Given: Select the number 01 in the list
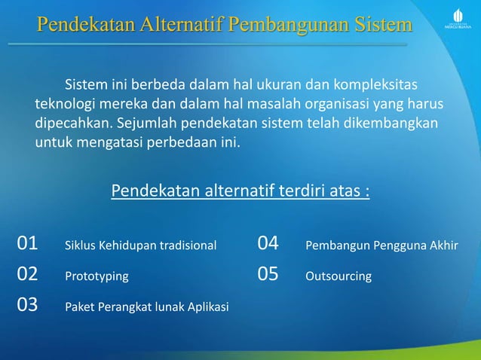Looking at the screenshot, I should point(27,244).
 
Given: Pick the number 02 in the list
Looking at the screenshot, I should point(27,275).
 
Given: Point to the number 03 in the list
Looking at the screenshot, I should point(27,306).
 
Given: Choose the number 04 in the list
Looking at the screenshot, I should point(268,244).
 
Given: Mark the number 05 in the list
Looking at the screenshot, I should point(268,275).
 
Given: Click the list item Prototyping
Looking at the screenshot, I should point(97,276).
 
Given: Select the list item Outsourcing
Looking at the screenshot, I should point(338,276).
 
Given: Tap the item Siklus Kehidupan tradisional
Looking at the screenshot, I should point(141,246).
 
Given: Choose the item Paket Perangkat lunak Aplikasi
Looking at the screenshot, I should point(147,307).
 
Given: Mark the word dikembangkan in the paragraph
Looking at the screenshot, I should point(391,122).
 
